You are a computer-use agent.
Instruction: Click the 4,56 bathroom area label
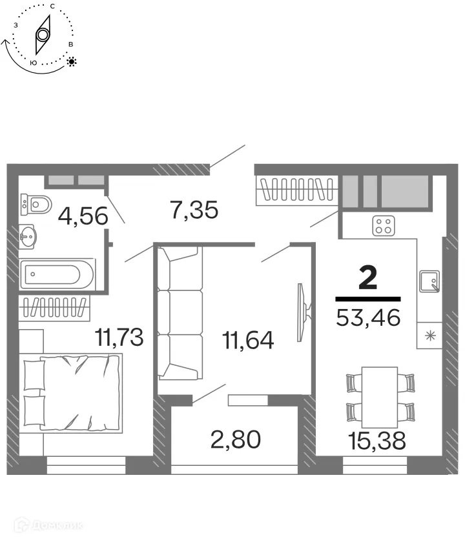[x=83, y=215]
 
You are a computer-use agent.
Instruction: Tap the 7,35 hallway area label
[x=194, y=210]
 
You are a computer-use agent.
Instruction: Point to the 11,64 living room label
[x=247, y=339]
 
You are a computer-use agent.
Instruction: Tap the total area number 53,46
[x=369, y=317]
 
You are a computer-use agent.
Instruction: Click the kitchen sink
[x=429, y=281]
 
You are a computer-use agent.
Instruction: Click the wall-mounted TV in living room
[x=302, y=313]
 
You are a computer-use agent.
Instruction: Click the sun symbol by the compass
[x=72, y=62]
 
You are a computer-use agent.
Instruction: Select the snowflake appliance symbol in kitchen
[x=429, y=336]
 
